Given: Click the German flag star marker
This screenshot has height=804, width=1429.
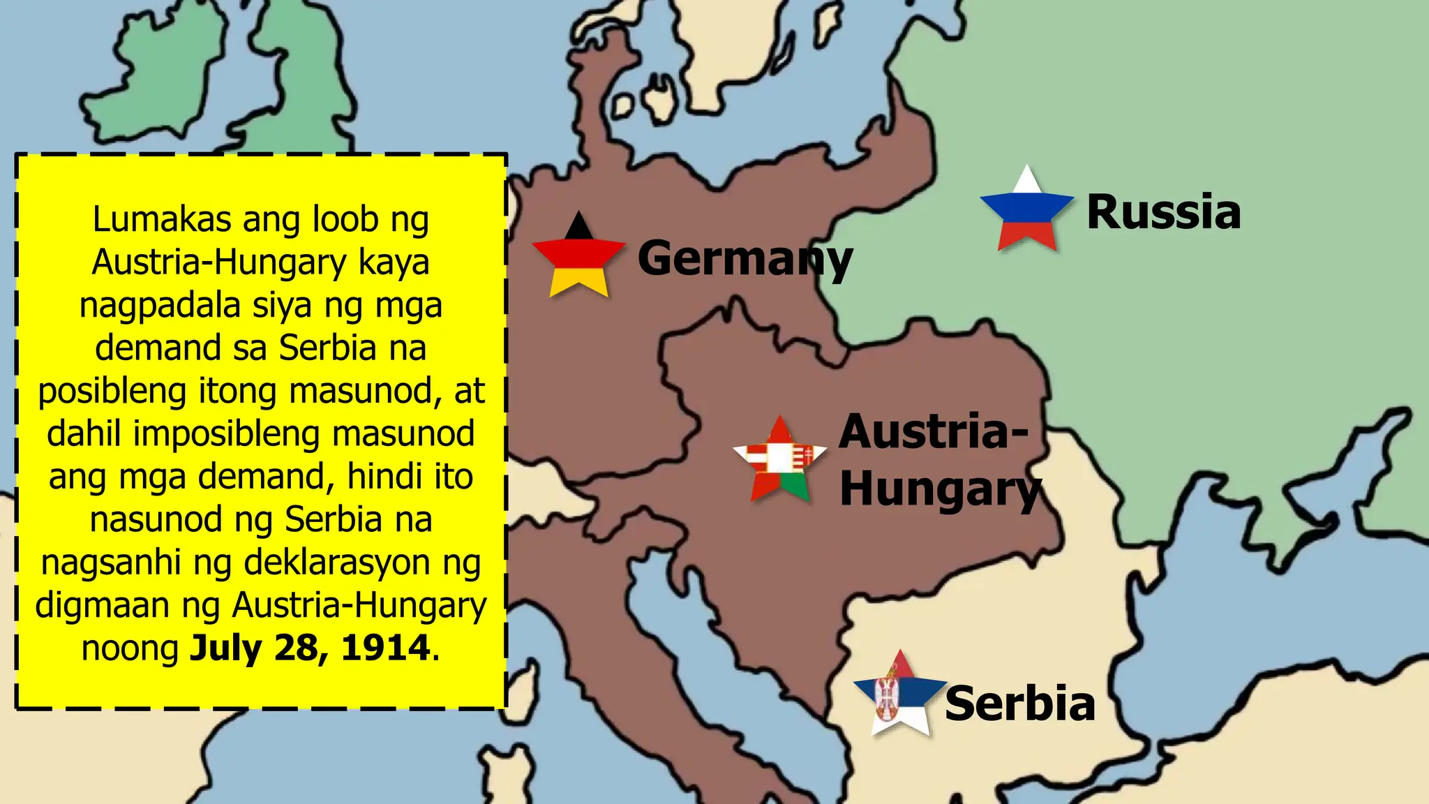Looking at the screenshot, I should point(578,257).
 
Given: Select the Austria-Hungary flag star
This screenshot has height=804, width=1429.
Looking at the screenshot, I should point(780,460).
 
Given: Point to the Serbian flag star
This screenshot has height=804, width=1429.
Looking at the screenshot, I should point(900,694).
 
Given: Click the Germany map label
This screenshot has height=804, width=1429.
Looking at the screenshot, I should point(745,259).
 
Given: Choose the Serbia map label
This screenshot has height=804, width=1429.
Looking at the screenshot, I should point(1019,703).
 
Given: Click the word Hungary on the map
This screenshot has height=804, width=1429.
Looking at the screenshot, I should point(939,489).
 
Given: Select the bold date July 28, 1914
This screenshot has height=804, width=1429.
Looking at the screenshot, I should point(310,648).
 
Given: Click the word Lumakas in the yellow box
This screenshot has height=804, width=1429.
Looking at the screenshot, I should point(162,219).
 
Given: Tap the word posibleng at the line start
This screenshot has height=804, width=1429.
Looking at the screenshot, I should point(112,391).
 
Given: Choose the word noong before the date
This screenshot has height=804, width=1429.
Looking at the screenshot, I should point(130,648).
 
